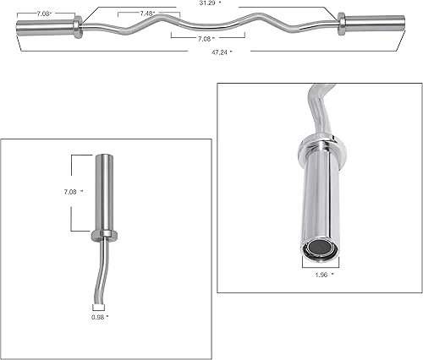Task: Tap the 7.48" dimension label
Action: tap(147, 14)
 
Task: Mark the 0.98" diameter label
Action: tap(99, 318)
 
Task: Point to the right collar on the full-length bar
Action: tap(342, 23)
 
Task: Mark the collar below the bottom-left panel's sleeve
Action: tap(105, 236)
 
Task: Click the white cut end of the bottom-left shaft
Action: tap(99, 307)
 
